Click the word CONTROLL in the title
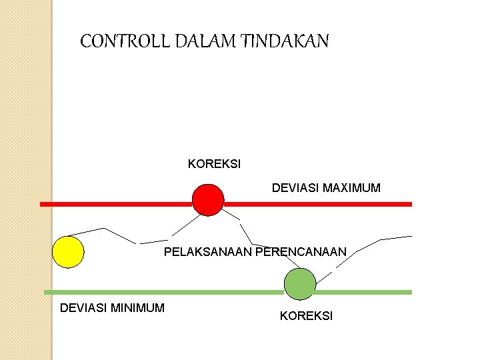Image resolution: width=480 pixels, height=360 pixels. tap(125, 42)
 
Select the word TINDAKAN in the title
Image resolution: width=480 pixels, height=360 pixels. tap(287, 42)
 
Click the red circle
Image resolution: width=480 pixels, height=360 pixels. tap(208, 199)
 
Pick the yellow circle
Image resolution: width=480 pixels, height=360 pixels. tap(68, 252)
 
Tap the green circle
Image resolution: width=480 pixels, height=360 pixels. tap(300, 284)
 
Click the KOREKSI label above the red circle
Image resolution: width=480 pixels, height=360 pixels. tap(215, 164)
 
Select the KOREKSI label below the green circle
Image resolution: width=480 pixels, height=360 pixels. tap(306, 316)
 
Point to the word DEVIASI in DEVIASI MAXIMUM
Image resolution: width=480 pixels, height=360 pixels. tap(295, 188)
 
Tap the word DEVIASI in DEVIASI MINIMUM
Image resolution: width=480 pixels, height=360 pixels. tap(83, 307)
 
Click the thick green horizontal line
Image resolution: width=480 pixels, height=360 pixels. tap(167, 292)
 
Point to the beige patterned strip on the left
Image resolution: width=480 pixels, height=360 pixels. tap(25, 180)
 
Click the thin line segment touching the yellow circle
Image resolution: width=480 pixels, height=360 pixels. tap(93, 231)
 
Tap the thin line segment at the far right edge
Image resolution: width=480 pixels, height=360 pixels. tap(397, 237)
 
